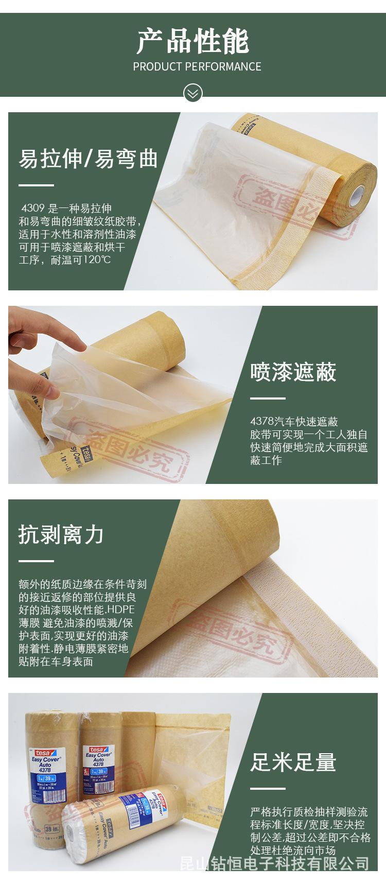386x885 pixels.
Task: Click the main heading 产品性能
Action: pyautogui.click(x=193, y=42)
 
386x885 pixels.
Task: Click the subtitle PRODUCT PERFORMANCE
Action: pyautogui.click(x=197, y=67)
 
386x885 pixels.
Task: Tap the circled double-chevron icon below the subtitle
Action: pyautogui.click(x=193, y=93)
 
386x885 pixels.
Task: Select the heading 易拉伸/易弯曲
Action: pyautogui.click(x=88, y=159)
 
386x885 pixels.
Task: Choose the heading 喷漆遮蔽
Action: pyautogui.click(x=293, y=372)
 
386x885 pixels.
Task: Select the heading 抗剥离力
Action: pyautogui.click(x=61, y=534)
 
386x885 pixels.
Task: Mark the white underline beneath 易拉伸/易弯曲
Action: pyautogui.click(x=36, y=185)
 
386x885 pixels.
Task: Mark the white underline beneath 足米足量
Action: pyautogui.click(x=268, y=788)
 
